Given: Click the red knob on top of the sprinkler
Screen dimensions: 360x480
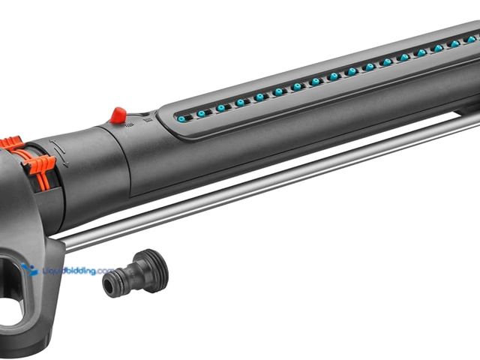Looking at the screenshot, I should (x=118, y=115).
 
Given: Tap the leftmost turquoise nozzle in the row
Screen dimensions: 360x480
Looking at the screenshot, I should (x=181, y=118).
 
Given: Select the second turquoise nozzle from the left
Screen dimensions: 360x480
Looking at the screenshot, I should (x=201, y=113).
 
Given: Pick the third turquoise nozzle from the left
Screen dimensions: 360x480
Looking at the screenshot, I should (x=220, y=108).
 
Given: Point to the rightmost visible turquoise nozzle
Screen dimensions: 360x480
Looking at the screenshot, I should (x=472, y=39).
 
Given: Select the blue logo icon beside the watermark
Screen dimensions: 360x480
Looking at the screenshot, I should (x=29, y=269).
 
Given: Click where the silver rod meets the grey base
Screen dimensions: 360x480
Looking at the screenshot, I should (x=63, y=242).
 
